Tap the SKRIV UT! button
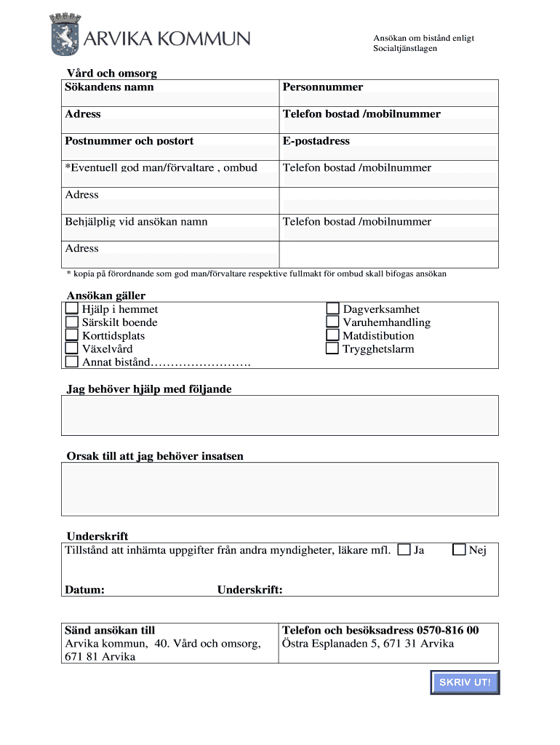465,682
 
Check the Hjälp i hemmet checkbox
72,309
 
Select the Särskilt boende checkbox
72,322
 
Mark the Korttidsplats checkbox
72,335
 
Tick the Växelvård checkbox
72,348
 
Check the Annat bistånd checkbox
72,362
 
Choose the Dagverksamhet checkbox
332,309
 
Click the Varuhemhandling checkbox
332,322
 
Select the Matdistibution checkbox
332,335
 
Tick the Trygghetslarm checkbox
332,348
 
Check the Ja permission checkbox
404,550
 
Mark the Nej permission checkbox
459,550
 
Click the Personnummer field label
323,87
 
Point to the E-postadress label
316,141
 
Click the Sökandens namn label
109,87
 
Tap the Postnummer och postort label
129,141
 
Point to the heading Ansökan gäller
106,295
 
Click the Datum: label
84,590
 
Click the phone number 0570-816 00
447,630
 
